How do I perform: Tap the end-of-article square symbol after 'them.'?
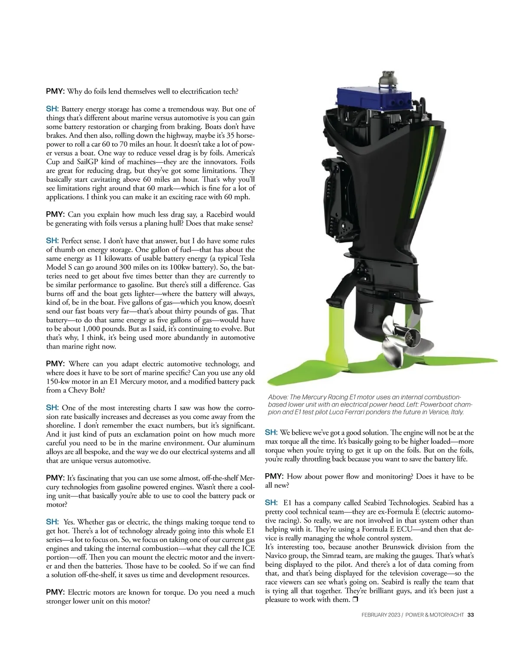(x=355, y=600)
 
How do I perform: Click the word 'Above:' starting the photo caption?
(x=277, y=397)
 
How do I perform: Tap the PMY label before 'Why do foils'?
(x=55, y=91)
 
